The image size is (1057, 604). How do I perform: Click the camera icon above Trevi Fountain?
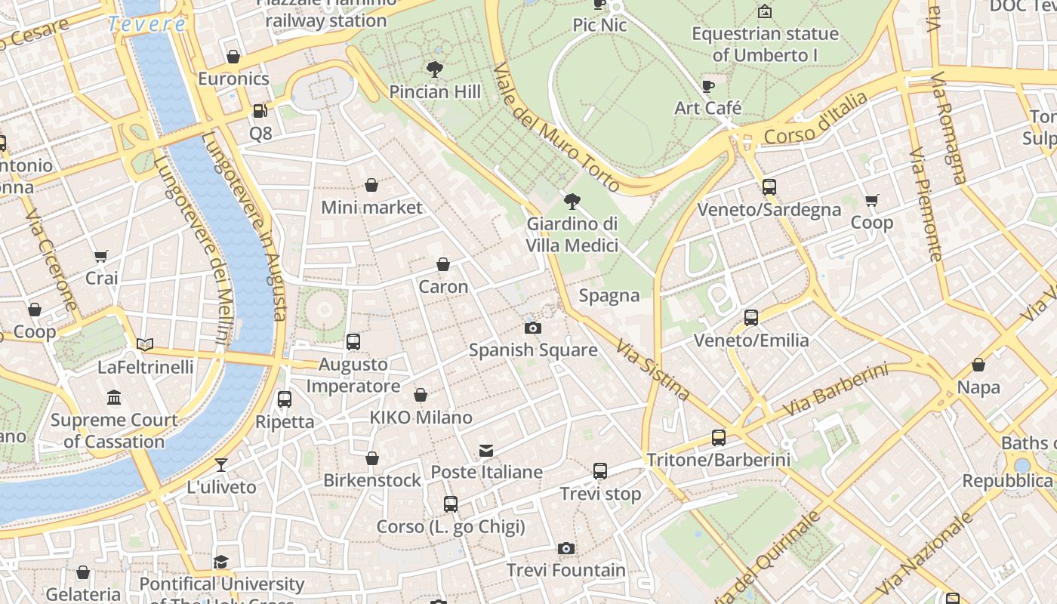[566, 548]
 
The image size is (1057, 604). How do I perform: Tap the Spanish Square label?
[533, 350]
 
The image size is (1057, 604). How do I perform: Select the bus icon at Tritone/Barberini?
[718, 437]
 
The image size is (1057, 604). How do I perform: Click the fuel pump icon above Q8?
[260, 111]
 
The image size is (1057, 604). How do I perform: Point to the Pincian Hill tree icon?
[434, 70]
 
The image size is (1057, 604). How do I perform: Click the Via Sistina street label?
[652, 369]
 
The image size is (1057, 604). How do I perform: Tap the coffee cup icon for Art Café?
[707, 86]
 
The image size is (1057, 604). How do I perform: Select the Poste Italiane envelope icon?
[486, 451]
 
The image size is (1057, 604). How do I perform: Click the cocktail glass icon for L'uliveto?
[221, 464]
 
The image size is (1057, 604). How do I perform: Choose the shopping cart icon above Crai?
[101, 256]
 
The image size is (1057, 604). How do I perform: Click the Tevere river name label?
[146, 24]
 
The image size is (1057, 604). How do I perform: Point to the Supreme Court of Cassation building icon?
[114, 397]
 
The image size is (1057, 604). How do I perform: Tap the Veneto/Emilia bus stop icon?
[750, 318]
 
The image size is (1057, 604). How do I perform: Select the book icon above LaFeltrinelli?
[145, 345]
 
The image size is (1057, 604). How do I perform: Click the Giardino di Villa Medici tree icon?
[572, 202]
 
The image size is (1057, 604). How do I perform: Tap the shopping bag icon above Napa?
[978, 365]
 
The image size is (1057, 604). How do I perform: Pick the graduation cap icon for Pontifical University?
[220, 562]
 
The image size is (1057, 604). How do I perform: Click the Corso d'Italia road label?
[816, 119]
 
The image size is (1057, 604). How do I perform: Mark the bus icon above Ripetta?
[285, 399]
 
